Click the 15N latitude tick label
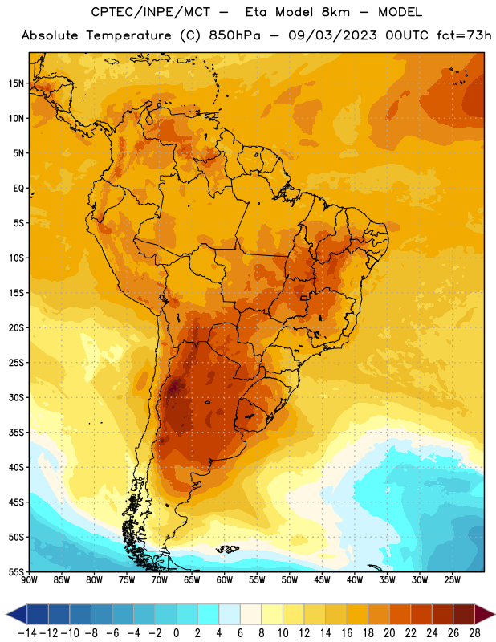coord(16,83)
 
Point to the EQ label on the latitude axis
coord(18,189)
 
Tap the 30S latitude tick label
coord(16,397)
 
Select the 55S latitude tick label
coord(16,572)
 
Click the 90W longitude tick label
coord(29,580)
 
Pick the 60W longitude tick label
coord(225,580)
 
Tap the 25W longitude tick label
coord(453,580)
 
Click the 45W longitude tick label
coord(323,580)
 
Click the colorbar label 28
coord(474,633)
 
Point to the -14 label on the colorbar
coord(27,633)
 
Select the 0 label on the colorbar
coord(176,633)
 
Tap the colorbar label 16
coord(347,633)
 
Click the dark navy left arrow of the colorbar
coord(17,614)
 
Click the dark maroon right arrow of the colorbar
coord(485,614)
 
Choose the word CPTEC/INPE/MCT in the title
coord(151,12)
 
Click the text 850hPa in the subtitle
coord(234,35)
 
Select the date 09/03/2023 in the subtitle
coord(332,35)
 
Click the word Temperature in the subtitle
coord(128,35)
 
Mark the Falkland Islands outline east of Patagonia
coord(227,549)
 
